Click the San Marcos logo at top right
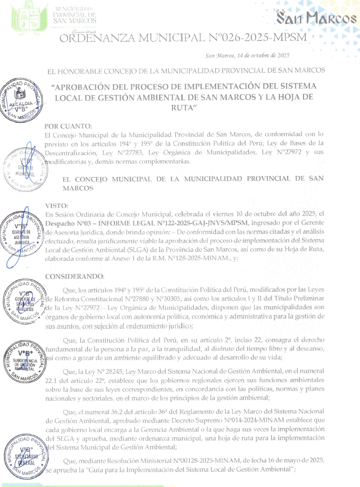tap(316, 18)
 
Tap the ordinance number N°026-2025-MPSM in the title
tap(257, 37)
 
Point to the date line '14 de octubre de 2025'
tap(263, 55)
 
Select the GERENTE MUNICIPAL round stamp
tap(25, 170)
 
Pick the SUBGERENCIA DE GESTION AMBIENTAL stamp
tap(25, 362)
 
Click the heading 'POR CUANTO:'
tap(68, 126)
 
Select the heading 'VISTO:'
tap(57, 206)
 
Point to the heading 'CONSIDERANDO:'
tap(75, 277)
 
